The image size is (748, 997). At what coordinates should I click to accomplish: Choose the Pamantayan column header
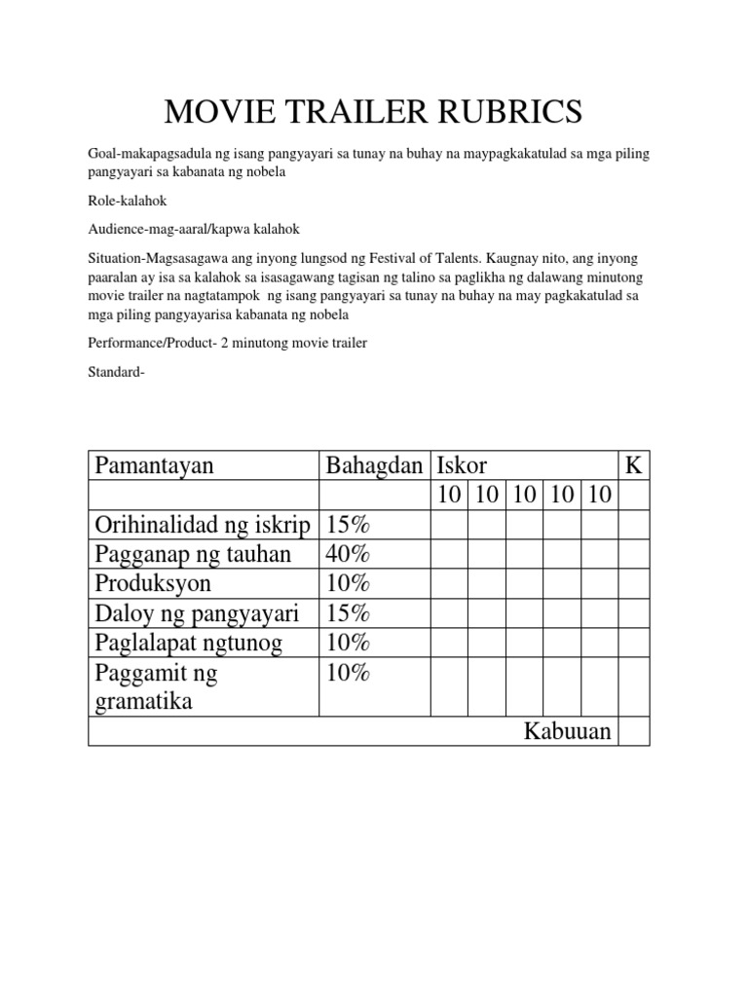tap(154, 466)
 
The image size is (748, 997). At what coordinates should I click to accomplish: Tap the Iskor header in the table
tap(463, 466)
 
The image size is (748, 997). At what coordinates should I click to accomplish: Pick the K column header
tap(634, 466)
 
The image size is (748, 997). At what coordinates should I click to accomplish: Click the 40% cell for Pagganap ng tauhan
tap(349, 555)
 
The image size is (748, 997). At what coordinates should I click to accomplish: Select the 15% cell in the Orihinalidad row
tap(349, 526)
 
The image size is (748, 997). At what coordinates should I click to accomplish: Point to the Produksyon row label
tap(153, 584)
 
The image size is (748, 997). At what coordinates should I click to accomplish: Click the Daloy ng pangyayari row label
tap(197, 613)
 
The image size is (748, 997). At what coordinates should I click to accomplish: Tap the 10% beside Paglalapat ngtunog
tap(349, 643)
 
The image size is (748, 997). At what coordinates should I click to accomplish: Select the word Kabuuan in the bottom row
tap(568, 731)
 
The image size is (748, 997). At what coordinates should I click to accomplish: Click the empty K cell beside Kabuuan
tap(634, 731)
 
